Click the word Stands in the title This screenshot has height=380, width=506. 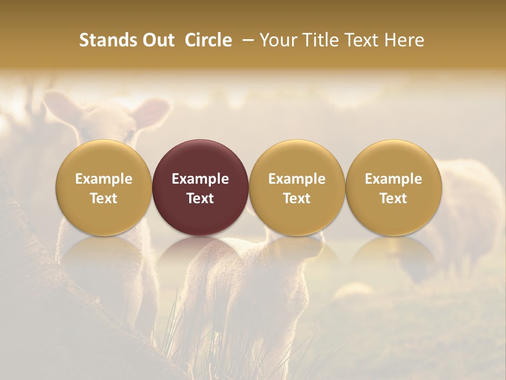[x=107, y=40]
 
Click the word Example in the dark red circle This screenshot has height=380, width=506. [x=200, y=179]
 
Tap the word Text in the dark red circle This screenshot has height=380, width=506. [x=200, y=198]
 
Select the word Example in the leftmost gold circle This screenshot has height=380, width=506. [x=104, y=179]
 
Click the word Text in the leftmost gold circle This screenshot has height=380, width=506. [x=104, y=198]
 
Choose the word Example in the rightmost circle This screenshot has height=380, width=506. [x=394, y=179]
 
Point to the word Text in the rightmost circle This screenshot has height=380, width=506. [x=394, y=198]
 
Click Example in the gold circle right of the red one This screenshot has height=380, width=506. [x=297, y=179]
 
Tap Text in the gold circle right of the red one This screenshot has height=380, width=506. [x=297, y=198]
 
